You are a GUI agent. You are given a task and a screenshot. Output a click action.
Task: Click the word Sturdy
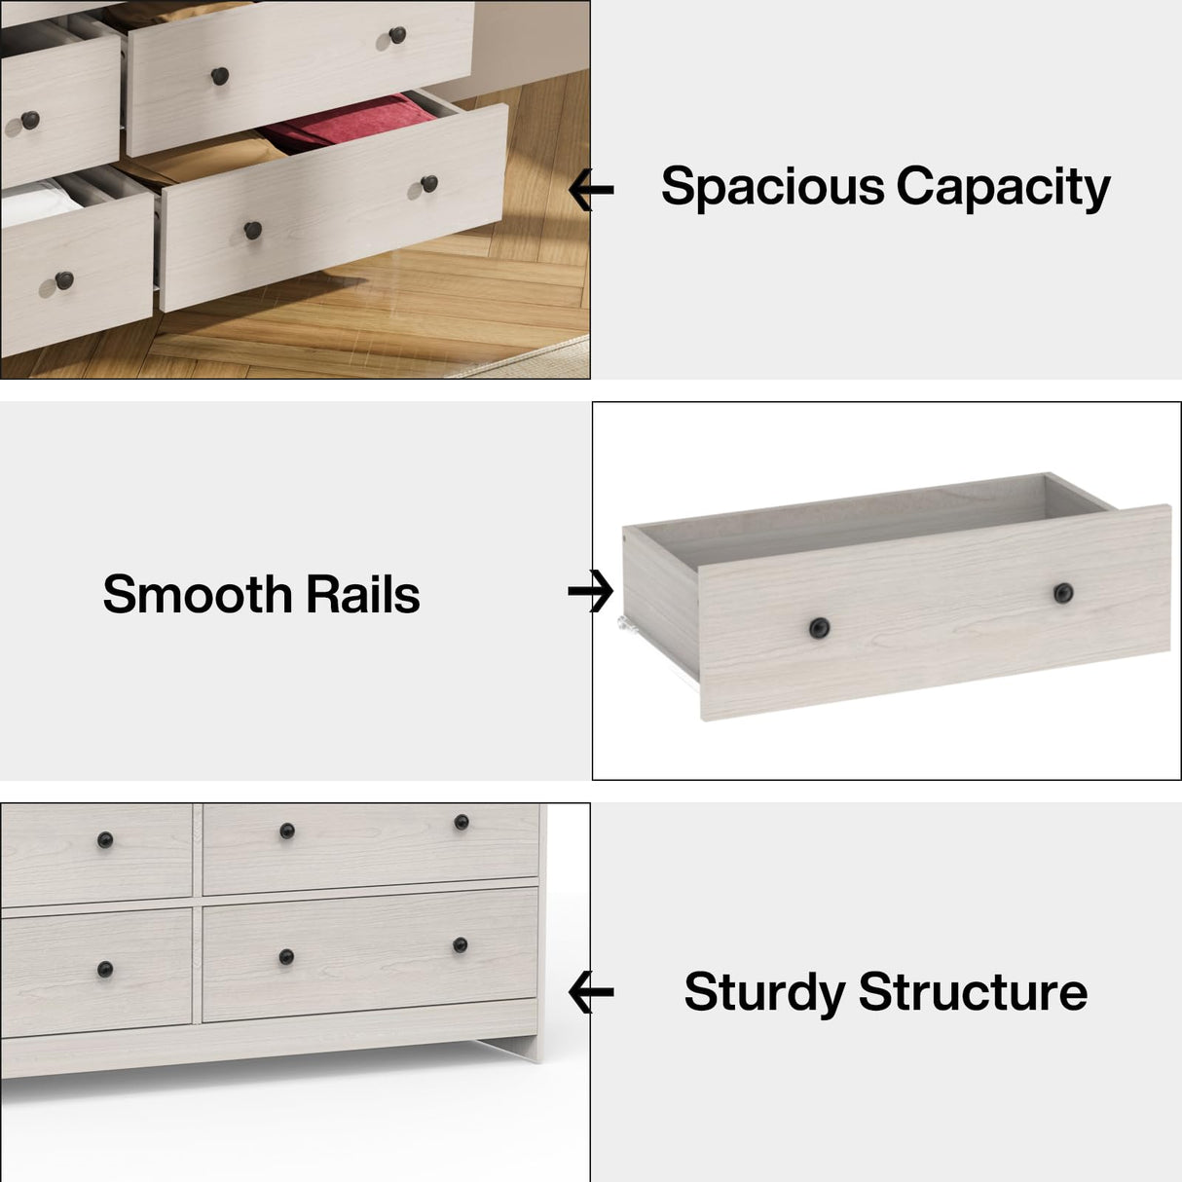[764, 992]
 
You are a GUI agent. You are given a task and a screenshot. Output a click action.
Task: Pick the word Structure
[973, 992]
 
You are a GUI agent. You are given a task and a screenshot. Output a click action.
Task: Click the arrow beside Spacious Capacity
[591, 190]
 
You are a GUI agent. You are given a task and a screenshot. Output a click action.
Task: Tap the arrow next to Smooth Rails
[591, 591]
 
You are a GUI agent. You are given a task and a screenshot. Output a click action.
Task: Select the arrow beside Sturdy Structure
[591, 993]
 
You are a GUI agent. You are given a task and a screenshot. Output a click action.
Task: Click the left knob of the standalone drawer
[819, 628]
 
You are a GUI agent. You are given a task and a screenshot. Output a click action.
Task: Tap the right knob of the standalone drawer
[1063, 592]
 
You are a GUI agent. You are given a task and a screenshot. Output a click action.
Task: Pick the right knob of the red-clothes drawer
[429, 183]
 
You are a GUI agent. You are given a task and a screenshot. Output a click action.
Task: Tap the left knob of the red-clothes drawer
[252, 230]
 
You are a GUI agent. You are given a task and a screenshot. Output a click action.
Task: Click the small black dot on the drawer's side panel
[623, 534]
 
